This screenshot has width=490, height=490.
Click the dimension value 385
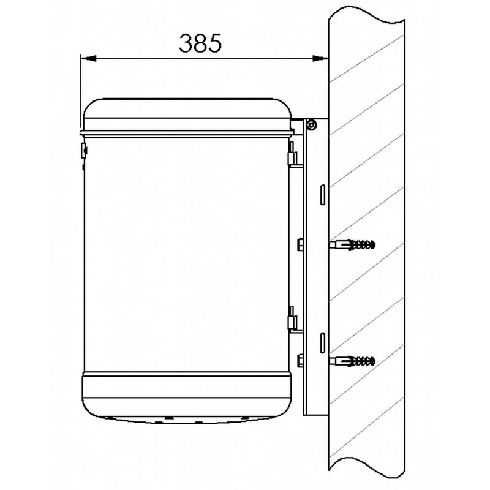200,43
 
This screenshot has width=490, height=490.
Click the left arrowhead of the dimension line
88,58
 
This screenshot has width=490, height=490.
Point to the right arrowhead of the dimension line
320,58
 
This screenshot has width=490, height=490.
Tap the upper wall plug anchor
352,244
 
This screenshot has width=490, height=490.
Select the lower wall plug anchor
352,361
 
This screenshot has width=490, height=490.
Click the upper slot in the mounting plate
323,195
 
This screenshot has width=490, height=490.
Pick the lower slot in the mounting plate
323,343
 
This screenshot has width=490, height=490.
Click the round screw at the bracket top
311,125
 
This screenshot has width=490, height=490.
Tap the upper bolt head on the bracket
300,244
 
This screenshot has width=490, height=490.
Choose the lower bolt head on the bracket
300,361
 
